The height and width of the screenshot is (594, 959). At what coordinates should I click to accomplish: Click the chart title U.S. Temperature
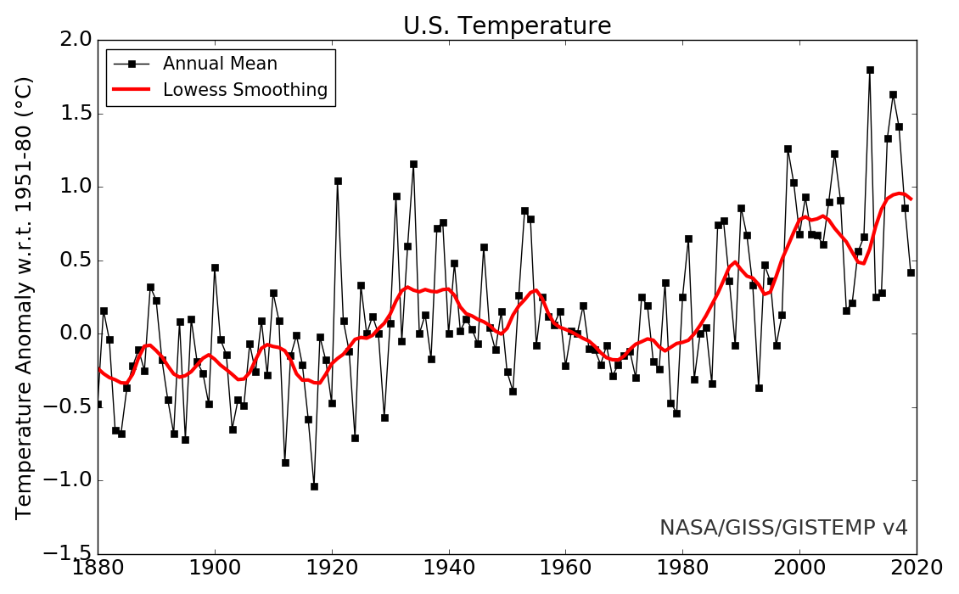coord(507,26)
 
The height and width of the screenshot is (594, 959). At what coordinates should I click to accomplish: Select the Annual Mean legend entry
coord(220,64)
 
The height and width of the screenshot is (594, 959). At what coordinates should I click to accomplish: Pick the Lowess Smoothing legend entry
coord(245,90)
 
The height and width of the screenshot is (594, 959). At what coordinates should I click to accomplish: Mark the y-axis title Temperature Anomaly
coord(25,297)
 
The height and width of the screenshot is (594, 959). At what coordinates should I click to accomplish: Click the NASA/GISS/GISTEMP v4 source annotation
coord(783,528)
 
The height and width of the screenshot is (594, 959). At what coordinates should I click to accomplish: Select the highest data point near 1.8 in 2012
coord(870,70)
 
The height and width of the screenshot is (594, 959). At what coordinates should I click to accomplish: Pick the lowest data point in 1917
coord(314,486)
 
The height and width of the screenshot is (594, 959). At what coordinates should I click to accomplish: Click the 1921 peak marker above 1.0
coord(338,181)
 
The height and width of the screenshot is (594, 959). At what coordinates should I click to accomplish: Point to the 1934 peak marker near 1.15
coord(413,164)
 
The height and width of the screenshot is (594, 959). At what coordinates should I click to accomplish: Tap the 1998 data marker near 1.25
coord(788,148)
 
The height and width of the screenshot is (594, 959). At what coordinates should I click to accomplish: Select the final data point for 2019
coord(911,272)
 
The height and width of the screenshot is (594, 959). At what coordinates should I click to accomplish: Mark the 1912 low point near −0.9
coord(285,462)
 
